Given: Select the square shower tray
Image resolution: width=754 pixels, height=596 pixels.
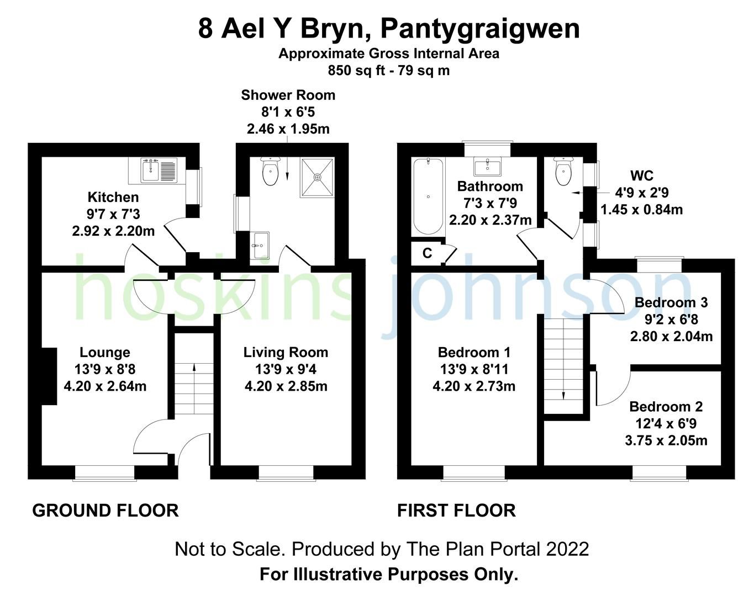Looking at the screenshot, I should pos(317,178).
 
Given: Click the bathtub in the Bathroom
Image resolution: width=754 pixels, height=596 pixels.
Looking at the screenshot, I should pos(428,196).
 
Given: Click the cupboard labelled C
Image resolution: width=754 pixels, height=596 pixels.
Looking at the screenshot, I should pos(427,253).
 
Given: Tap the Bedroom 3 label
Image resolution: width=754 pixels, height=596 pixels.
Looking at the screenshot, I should pos(671,302).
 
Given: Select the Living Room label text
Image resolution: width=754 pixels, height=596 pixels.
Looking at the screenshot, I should pos(286,352).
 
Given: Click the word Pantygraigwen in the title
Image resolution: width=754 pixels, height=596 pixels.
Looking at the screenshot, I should pos(480,29).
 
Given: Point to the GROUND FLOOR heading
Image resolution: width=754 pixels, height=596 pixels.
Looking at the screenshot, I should pos(106,510).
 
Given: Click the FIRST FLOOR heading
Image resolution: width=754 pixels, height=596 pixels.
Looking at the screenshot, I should pos(456,510).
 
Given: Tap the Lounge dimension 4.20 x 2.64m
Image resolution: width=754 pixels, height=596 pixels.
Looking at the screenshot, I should pos(105,386).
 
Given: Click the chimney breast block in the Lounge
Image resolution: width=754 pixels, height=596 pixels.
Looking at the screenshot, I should pos(49,376).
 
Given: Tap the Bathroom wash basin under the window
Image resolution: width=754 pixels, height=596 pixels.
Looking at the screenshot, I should pos(488,166).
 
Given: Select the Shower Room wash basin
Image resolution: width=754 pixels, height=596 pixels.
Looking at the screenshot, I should pos(260,245).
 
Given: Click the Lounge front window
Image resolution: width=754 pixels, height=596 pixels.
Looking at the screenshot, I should pos(104,472).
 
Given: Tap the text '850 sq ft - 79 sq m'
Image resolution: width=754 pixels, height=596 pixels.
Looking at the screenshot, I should pos(388,71).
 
